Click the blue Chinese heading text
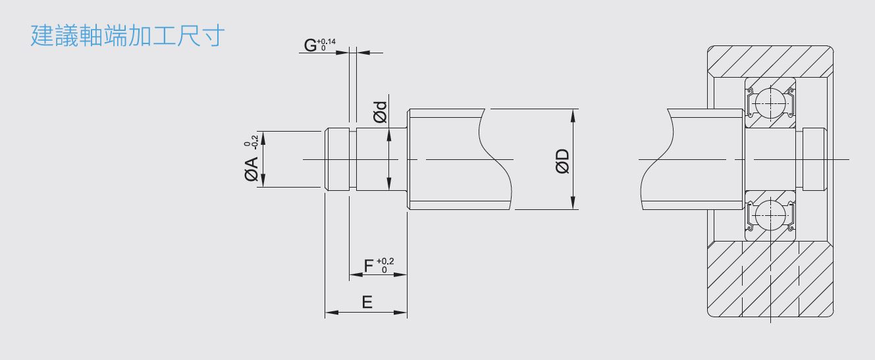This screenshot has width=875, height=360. (127, 36)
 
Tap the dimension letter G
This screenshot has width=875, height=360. (310, 45)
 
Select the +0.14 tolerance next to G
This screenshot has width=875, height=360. (326, 41)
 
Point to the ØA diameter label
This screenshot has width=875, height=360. (252, 169)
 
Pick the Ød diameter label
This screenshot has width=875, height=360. (380, 113)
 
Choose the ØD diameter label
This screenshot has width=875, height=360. (563, 161)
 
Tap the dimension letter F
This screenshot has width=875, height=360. (368, 266)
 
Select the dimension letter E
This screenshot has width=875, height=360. (367, 302)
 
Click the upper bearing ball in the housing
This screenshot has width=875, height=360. (770, 103)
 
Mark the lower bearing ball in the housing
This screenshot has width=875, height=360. (770, 215)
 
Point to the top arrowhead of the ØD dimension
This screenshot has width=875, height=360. (573, 116)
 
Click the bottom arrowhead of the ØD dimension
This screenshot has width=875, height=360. (573, 203)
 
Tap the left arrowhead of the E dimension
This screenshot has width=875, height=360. (332, 313)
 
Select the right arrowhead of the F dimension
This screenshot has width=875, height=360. (400, 275)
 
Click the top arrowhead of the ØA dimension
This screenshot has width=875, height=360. (263, 138)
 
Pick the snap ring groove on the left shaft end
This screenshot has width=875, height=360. (353, 159)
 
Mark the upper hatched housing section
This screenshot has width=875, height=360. (770, 62)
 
